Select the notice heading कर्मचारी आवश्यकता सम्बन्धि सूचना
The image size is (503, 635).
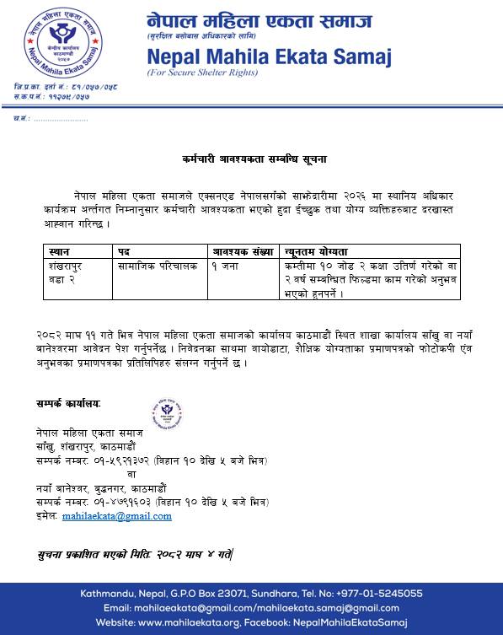click(254, 158)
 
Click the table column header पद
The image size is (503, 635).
click(124, 251)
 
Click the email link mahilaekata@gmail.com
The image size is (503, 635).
click(117, 516)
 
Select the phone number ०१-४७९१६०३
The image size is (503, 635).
click(122, 502)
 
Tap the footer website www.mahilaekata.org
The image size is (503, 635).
click(192, 622)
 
